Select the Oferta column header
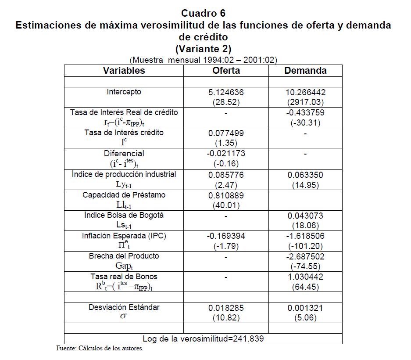coord(226,71)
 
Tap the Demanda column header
coord(305,71)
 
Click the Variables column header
coord(124,71)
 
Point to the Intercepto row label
coord(124,92)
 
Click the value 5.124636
coord(226,93)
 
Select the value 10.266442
coord(305,93)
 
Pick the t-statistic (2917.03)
coord(305,102)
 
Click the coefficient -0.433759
coord(305,113)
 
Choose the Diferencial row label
coord(124,154)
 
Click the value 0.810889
coord(226,195)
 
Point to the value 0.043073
coord(305,216)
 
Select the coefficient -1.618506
coord(305,236)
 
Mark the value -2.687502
coord(305,257)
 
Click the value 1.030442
coord(305,277)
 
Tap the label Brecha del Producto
coord(124,256)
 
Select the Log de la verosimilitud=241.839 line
coord(203,338)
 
